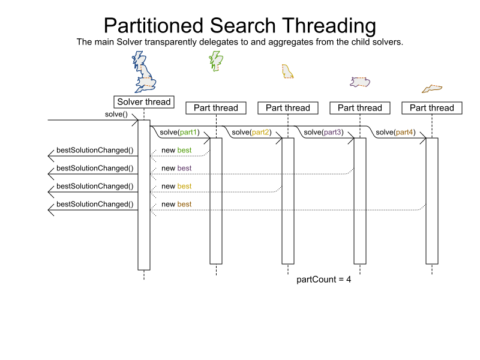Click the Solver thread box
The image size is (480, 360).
tap(143, 102)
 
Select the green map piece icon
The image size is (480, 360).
tap(215, 60)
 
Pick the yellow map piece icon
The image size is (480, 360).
tap(287, 71)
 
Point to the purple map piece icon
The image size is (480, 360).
tap(360, 82)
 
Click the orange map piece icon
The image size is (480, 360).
tap(432, 89)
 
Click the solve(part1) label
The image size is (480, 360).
tap(179, 132)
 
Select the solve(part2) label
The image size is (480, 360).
tap(251, 132)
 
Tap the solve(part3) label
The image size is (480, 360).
tap(323, 132)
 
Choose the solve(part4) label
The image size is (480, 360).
tap(395, 132)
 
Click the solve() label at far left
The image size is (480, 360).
tap(116, 114)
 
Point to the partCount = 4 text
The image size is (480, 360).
tap(324, 280)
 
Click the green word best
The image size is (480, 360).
tap(184, 150)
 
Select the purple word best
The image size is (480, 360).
tap(184, 168)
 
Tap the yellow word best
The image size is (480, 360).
tap(184, 186)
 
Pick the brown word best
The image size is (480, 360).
tap(184, 204)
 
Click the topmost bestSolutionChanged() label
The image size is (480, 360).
tap(95, 150)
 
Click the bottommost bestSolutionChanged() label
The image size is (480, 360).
tap(95, 204)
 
